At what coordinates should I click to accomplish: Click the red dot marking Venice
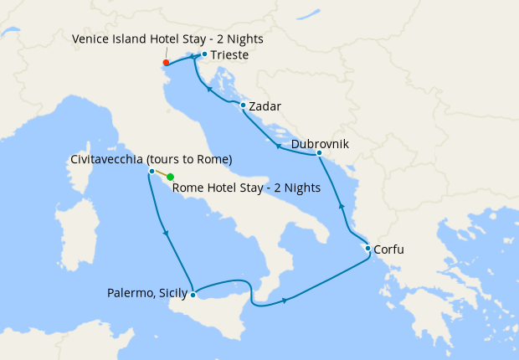tap(166, 62)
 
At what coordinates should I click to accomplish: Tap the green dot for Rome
tap(170, 177)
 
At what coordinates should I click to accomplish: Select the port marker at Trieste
tap(204, 54)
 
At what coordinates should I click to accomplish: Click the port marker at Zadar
tap(243, 105)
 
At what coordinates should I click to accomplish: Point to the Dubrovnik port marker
tap(319, 153)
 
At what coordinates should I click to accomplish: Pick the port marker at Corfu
tap(367, 248)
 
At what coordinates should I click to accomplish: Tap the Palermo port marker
tap(193, 294)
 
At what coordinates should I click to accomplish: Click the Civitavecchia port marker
tap(152, 171)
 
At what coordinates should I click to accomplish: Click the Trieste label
tap(229, 55)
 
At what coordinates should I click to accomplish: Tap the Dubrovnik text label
tap(320, 143)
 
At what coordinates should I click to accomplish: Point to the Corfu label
tap(393, 249)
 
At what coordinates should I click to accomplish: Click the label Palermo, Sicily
tap(147, 293)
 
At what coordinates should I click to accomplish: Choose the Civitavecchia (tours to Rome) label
tap(151, 159)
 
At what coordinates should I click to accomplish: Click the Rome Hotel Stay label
tap(245, 188)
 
